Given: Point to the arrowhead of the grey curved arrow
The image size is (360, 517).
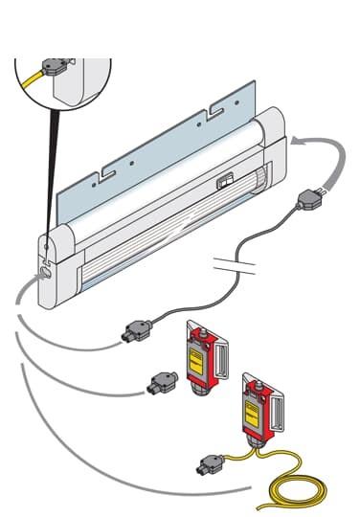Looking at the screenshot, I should click(x=297, y=142).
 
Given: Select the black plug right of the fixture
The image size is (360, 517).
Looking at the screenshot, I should click(x=309, y=199).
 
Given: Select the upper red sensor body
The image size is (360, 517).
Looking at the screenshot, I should click(x=200, y=355).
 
